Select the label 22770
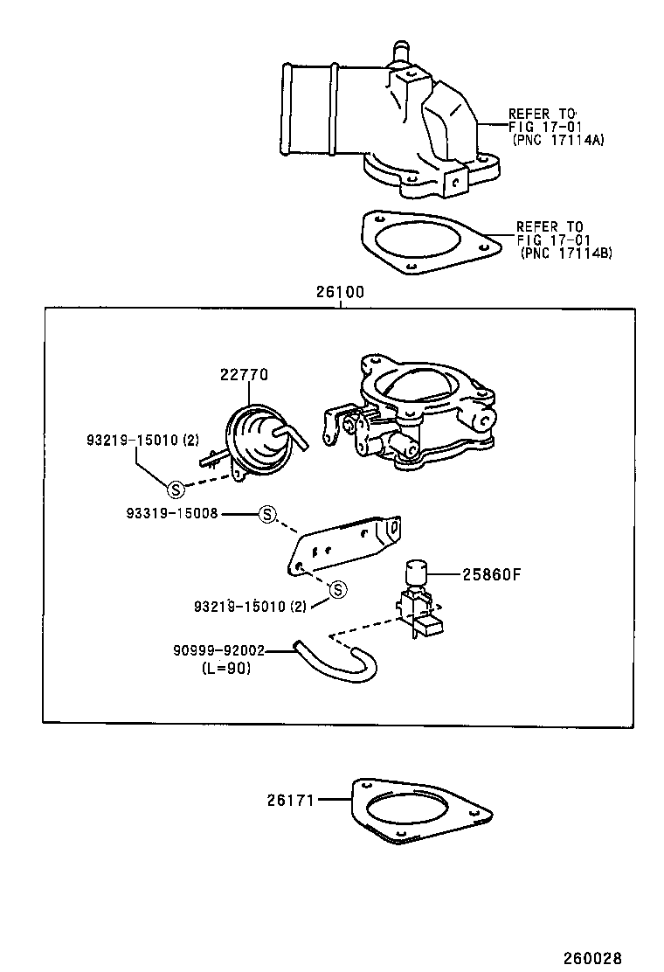point(244,374)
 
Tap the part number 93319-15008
point(170,514)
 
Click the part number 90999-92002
point(218,650)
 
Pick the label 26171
point(291,798)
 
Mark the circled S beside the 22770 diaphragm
point(174,489)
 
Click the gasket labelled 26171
point(419,812)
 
